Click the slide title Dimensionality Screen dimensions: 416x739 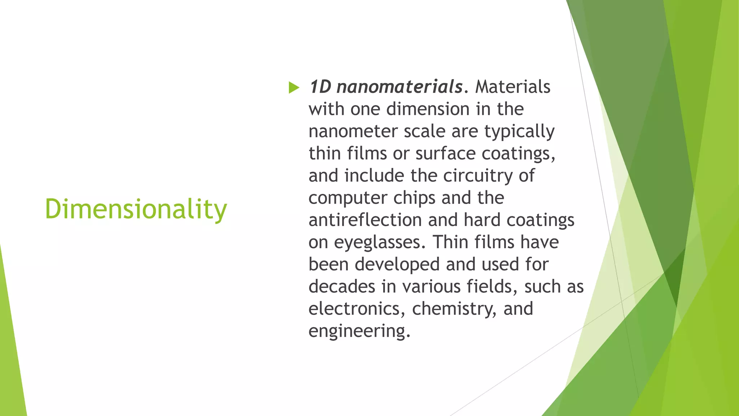coord(136,209)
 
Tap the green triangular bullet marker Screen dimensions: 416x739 coord(294,87)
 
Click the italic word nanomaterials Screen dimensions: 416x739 coord(399,87)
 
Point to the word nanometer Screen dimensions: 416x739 coord(353,131)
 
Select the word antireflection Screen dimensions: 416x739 coord(365,220)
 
